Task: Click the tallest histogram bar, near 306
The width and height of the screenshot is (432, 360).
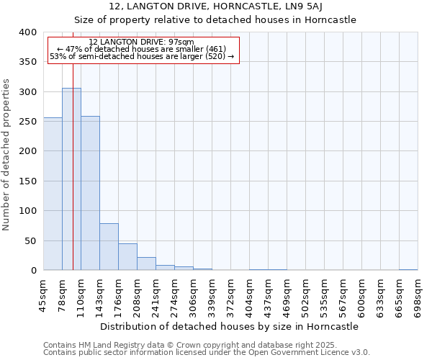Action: click(x=71, y=180)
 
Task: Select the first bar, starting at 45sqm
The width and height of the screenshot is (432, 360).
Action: click(x=53, y=194)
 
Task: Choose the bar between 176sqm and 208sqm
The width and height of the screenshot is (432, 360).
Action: click(x=127, y=257)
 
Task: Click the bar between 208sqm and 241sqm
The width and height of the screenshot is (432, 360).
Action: click(x=146, y=264)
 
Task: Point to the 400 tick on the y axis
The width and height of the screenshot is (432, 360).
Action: click(x=28, y=32)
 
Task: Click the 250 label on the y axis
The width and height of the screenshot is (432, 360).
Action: click(x=28, y=122)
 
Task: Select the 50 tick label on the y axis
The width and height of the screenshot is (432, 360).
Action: click(x=31, y=241)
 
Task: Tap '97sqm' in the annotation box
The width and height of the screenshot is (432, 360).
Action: click(x=181, y=42)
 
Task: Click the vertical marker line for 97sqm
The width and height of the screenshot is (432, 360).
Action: click(x=73, y=144)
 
